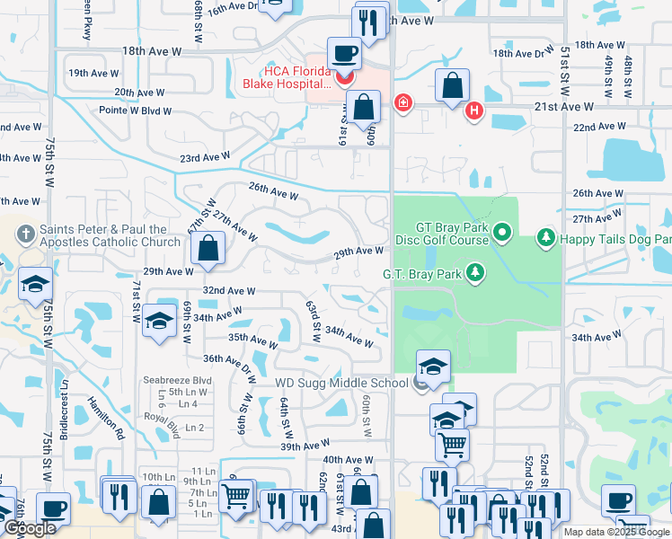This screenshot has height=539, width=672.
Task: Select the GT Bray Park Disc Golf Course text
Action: click(440, 235)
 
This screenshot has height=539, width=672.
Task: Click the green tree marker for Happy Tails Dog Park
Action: click(544, 237)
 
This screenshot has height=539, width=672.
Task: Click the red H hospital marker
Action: click(474, 111)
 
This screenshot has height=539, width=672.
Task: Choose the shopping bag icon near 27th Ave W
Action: click(208, 251)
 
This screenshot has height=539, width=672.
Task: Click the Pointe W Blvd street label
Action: click(135, 110)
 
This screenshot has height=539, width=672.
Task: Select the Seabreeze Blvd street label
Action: click(177, 380)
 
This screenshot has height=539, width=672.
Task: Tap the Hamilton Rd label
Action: click(105, 417)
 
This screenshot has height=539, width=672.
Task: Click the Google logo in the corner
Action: click(30, 528)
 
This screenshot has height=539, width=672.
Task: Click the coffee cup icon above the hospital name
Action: click(344, 53)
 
